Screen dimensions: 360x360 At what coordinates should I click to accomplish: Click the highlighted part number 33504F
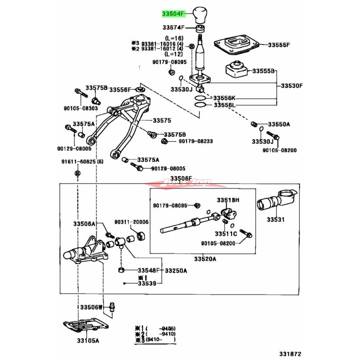(x=174, y=14)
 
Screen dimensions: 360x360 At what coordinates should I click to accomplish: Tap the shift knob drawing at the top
(x=200, y=15)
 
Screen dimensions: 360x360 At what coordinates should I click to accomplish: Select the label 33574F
(x=173, y=28)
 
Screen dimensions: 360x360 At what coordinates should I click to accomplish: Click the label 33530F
(x=292, y=86)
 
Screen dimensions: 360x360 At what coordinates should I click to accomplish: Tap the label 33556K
(x=225, y=98)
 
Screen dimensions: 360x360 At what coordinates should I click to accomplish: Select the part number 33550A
(x=279, y=124)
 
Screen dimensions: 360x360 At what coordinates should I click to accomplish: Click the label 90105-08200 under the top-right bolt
(x=279, y=150)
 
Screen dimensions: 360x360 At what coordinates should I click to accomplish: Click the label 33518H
(x=228, y=200)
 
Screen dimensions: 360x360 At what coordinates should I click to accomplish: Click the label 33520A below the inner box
(x=205, y=259)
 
